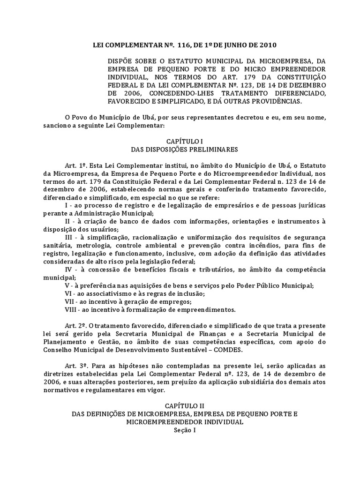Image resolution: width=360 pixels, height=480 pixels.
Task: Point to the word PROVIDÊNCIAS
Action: pyautogui.click(x=277, y=101)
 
